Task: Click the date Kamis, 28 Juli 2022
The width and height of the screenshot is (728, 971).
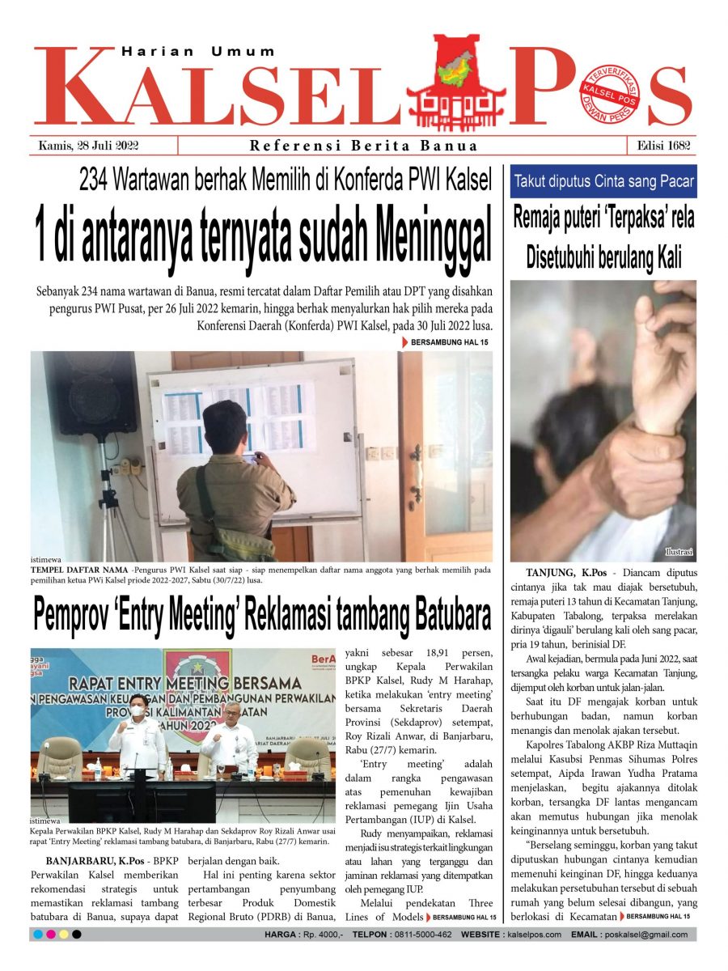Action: (90, 146)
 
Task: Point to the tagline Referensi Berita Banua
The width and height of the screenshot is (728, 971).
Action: (364, 146)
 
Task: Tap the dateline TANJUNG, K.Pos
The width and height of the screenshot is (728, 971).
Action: (565, 573)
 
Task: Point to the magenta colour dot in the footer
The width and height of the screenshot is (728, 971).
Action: (50, 935)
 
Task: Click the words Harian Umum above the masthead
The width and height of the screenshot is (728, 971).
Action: (198, 51)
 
